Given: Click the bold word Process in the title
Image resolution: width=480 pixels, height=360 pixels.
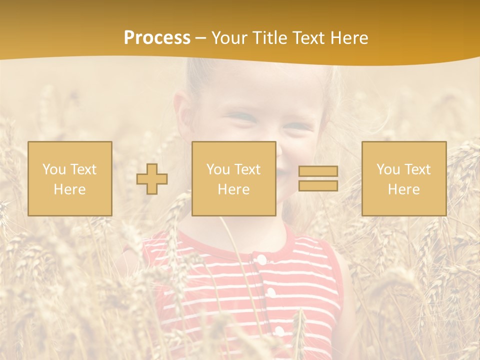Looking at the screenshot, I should (157, 38).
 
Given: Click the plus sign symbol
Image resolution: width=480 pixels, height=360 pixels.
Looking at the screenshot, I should (152, 179).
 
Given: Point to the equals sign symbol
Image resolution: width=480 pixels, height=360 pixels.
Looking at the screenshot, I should (318, 178).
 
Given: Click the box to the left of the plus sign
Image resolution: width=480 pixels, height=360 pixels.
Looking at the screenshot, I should (70, 178).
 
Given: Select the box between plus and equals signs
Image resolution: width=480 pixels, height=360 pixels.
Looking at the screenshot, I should (233, 178).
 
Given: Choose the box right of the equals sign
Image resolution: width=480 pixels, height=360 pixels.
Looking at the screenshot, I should (403, 178).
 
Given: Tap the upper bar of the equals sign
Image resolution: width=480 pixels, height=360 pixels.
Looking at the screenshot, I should (318, 171).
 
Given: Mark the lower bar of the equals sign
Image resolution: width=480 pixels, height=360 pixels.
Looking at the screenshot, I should (318, 185).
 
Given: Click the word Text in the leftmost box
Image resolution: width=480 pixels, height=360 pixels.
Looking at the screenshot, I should (83, 169).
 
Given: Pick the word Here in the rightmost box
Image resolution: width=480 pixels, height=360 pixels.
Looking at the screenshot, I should (403, 189).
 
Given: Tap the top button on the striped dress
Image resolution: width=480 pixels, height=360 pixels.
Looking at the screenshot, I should (260, 259).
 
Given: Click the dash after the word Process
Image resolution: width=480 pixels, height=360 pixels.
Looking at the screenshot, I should (201, 38).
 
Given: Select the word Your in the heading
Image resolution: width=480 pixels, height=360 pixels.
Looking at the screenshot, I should (228, 38).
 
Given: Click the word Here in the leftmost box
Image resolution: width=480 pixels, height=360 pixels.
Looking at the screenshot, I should (70, 189).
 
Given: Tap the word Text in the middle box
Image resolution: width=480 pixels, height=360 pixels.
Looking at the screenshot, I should (247, 169).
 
